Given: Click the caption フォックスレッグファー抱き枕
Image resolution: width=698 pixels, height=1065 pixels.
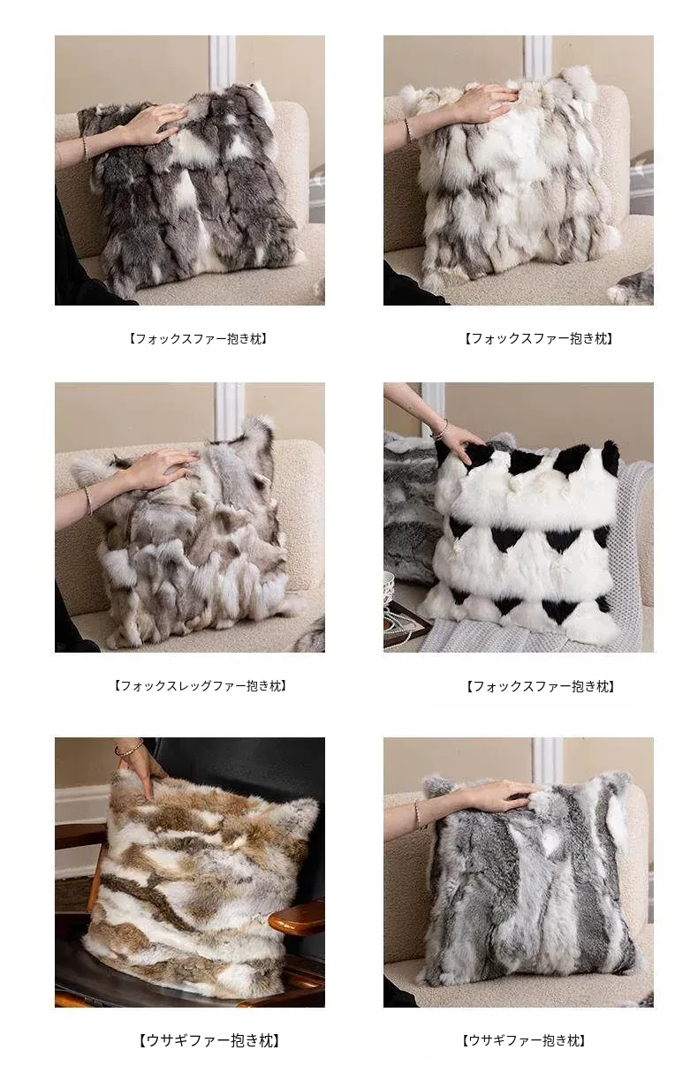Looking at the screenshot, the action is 200,685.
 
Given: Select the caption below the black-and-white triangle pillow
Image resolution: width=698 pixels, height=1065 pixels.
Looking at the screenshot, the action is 540,686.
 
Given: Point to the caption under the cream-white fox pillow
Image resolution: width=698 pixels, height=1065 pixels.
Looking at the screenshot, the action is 538,338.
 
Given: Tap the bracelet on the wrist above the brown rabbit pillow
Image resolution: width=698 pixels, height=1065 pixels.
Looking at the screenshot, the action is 128,745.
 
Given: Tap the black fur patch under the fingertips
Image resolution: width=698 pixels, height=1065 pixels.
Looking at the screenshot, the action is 476,457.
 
